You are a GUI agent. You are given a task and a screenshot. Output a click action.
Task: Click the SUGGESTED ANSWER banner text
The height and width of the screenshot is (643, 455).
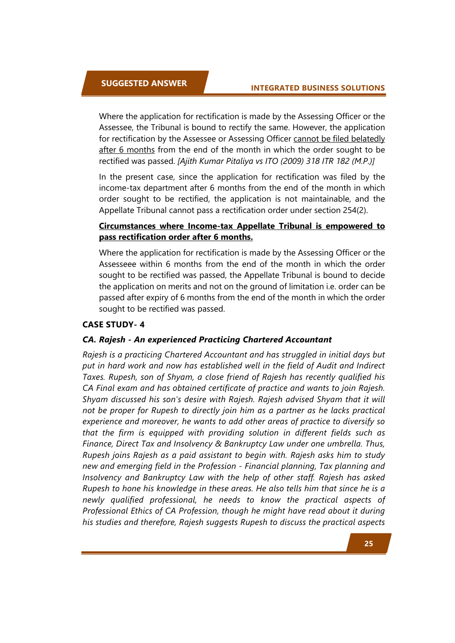[144, 83]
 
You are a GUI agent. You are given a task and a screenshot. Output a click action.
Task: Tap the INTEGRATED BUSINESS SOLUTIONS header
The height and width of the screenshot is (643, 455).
[318, 88]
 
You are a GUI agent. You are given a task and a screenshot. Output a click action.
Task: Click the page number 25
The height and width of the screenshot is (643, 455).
[368, 544]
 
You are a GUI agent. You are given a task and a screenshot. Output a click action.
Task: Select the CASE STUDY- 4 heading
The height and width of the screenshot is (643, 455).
[113, 324]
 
